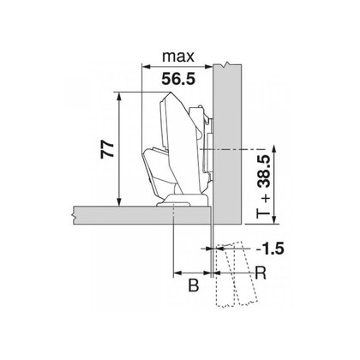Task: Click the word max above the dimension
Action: click(177, 58)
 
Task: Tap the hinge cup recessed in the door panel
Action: click(177, 203)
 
